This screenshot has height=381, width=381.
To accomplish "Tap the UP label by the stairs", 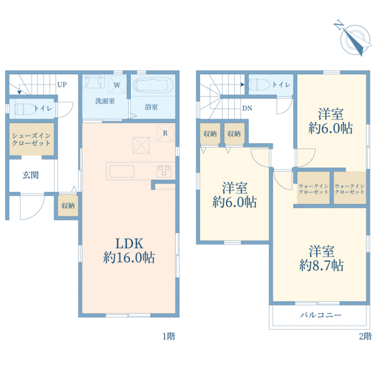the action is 62,84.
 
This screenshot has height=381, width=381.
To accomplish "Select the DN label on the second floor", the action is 247,109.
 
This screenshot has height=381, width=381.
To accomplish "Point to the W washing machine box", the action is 117,84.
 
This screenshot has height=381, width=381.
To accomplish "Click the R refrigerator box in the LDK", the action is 165,133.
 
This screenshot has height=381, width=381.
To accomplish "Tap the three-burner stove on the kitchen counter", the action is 164,171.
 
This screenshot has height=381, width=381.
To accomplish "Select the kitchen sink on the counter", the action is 122,171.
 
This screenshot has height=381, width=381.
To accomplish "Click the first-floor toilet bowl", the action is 25,109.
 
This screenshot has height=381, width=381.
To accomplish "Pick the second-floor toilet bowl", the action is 260,85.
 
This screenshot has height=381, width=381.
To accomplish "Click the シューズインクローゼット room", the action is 32,139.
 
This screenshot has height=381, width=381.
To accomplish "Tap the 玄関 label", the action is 30,175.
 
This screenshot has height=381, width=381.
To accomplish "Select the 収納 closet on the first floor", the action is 68,206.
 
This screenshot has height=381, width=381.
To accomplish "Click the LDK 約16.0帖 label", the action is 129,251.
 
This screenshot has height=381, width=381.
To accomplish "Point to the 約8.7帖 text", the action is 321,265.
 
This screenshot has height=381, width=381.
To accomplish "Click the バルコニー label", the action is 321,315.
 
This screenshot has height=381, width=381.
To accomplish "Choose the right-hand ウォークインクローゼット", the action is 350,188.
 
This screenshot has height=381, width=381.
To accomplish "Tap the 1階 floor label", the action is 169,337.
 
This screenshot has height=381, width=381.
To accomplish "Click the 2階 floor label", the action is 366,337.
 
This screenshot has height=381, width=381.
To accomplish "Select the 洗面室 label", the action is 105,101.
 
